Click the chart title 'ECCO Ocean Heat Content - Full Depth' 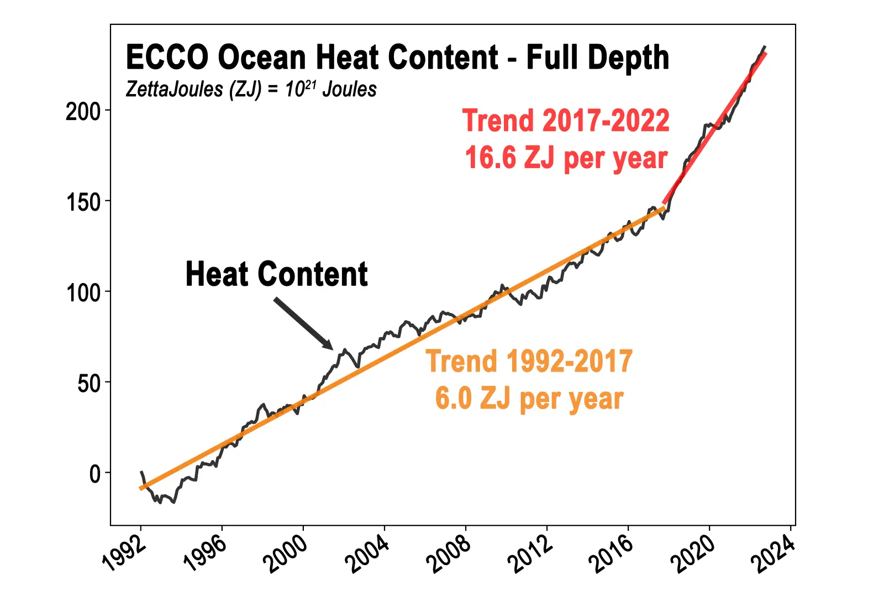tap(397, 58)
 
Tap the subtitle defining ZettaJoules tap(251, 89)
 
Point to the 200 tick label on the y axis tap(83, 112)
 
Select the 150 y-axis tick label tap(83, 202)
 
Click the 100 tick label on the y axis tap(83, 293)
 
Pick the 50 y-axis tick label tap(89, 383)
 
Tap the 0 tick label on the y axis tap(95, 474)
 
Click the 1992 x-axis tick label tap(125, 554)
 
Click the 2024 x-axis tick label tap(773, 554)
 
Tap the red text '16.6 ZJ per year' tap(566, 158)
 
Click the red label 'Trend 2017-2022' tap(566, 121)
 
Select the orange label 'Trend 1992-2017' tap(529, 361)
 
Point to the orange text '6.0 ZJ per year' tap(529, 399)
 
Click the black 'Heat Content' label tap(276, 274)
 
